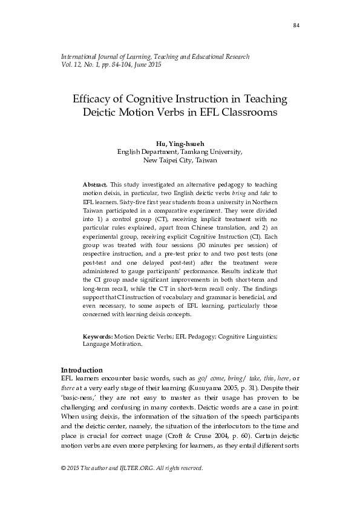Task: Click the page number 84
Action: [296, 25]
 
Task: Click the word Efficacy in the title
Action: [95, 99]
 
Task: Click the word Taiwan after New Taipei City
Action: [204, 161]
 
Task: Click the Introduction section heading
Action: [82, 370]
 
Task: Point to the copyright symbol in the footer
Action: [64, 468]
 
